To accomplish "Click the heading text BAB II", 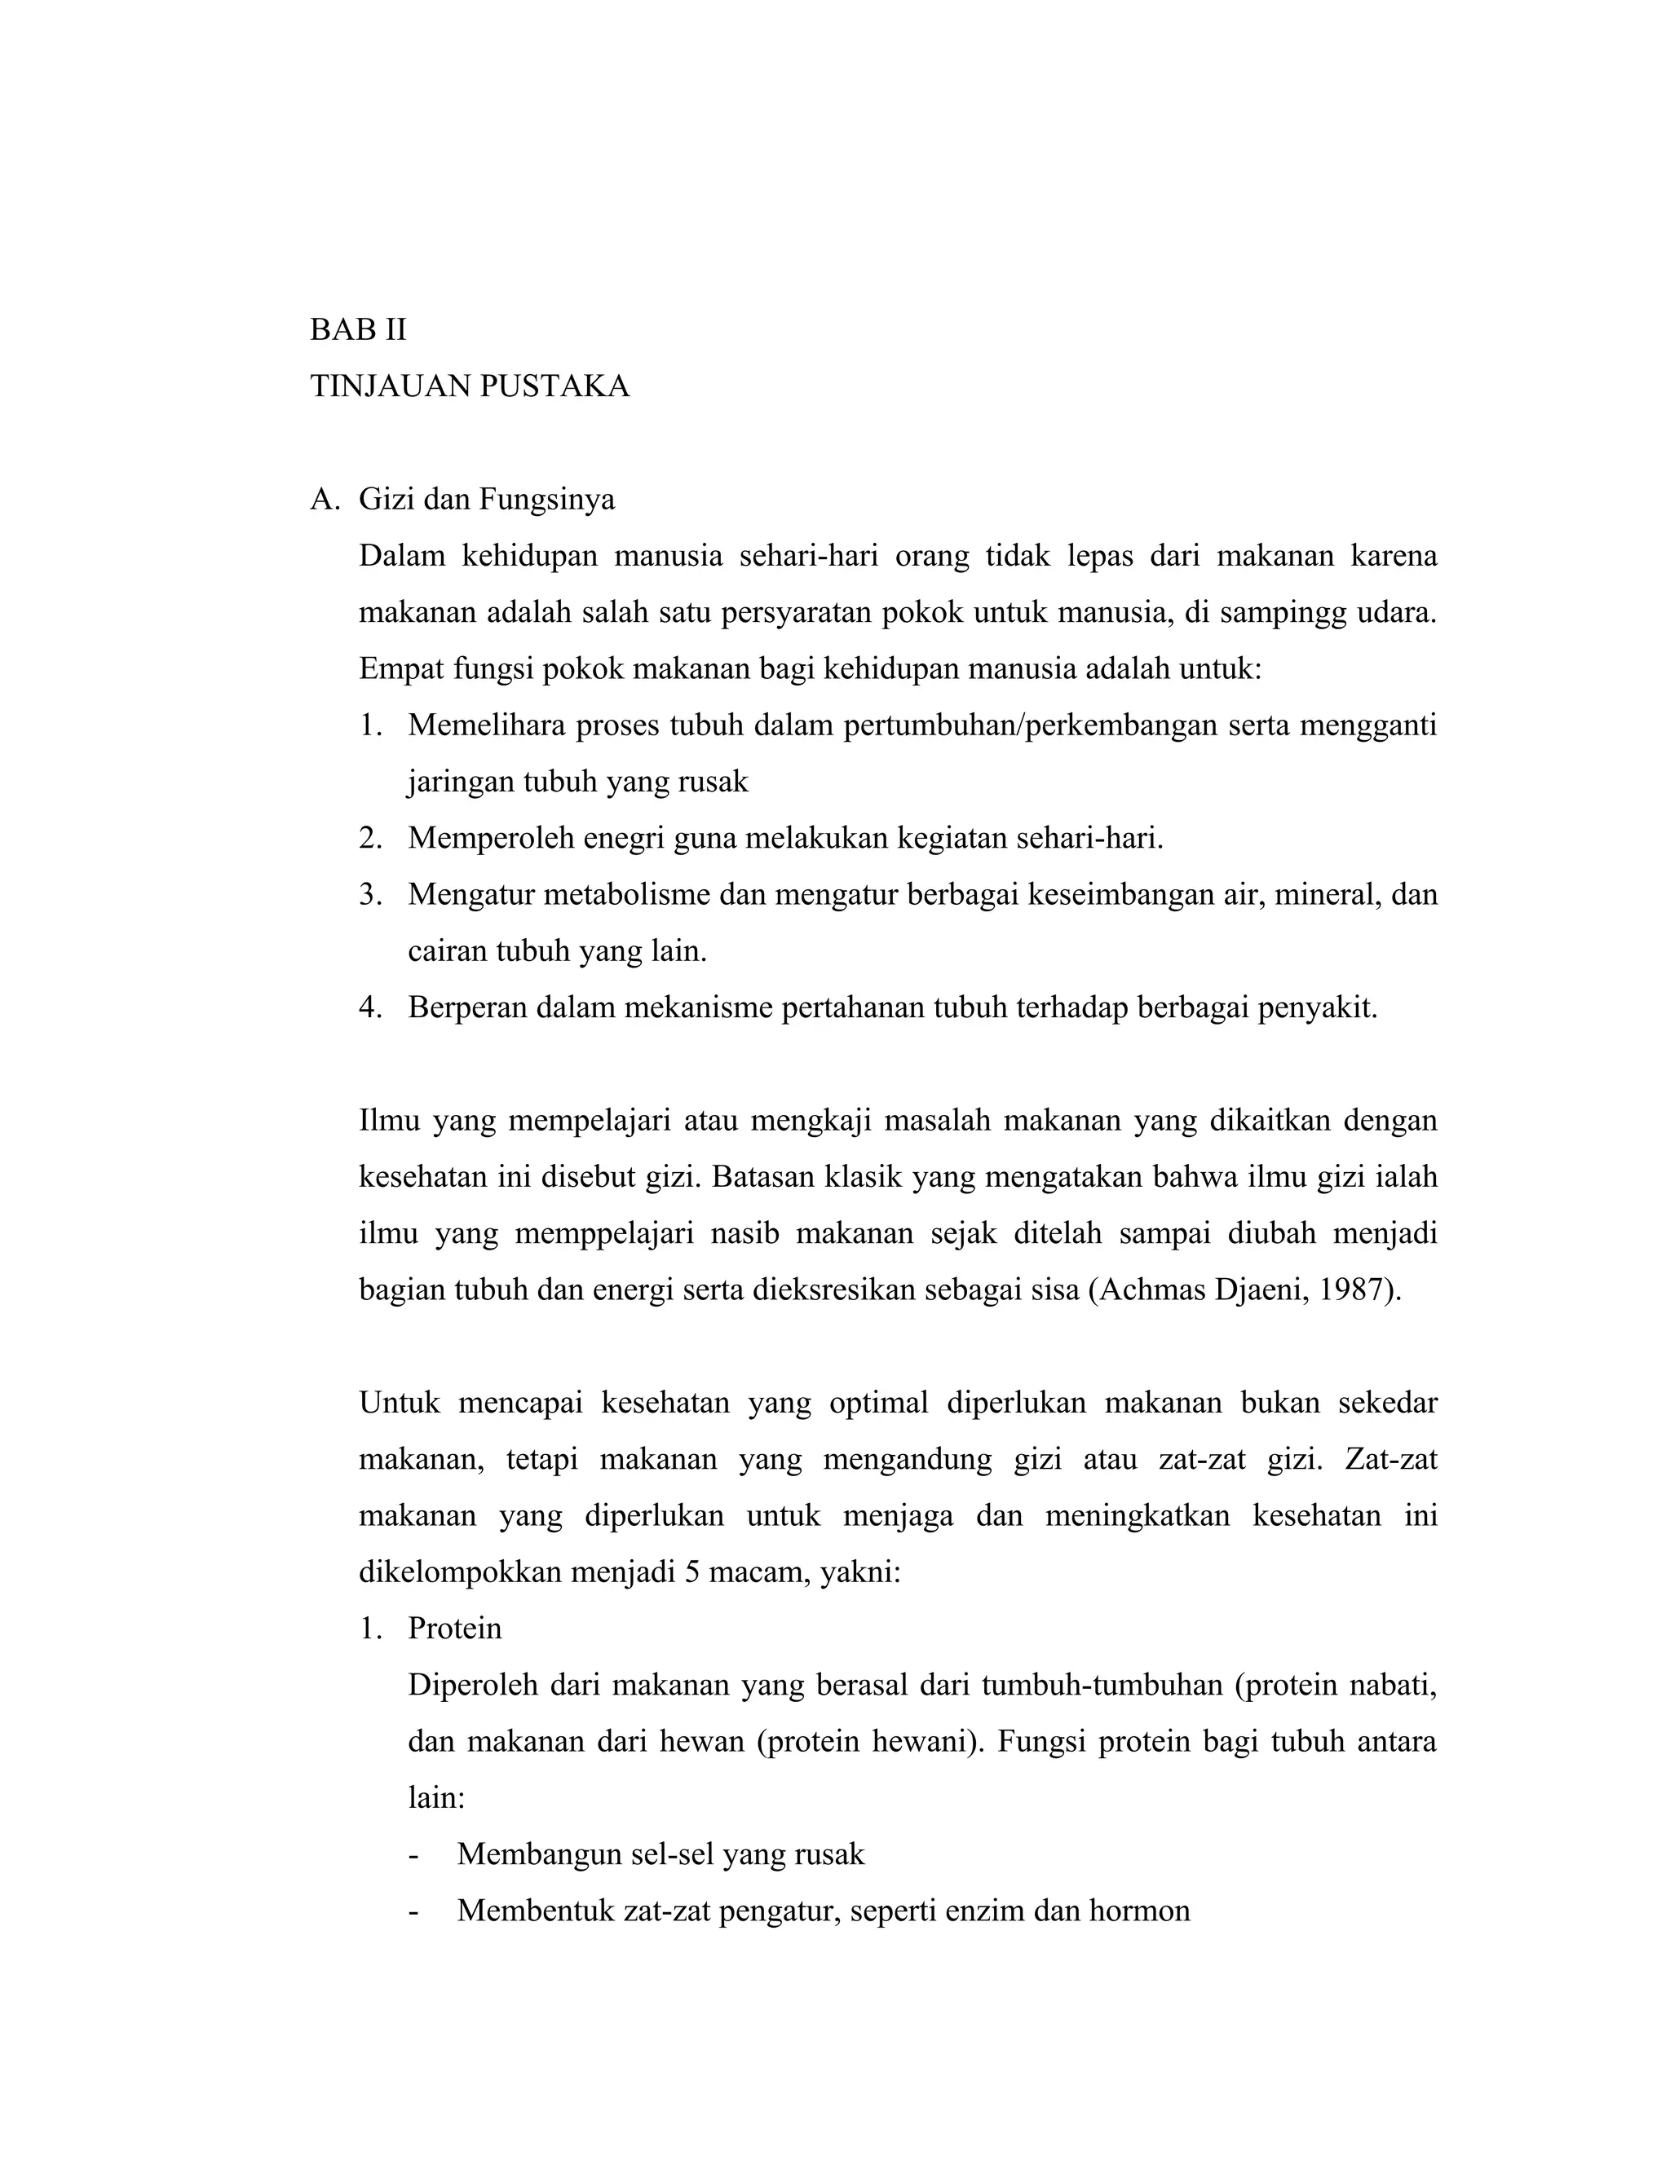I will point(358,329).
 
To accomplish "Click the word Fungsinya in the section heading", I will point(546,500).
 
